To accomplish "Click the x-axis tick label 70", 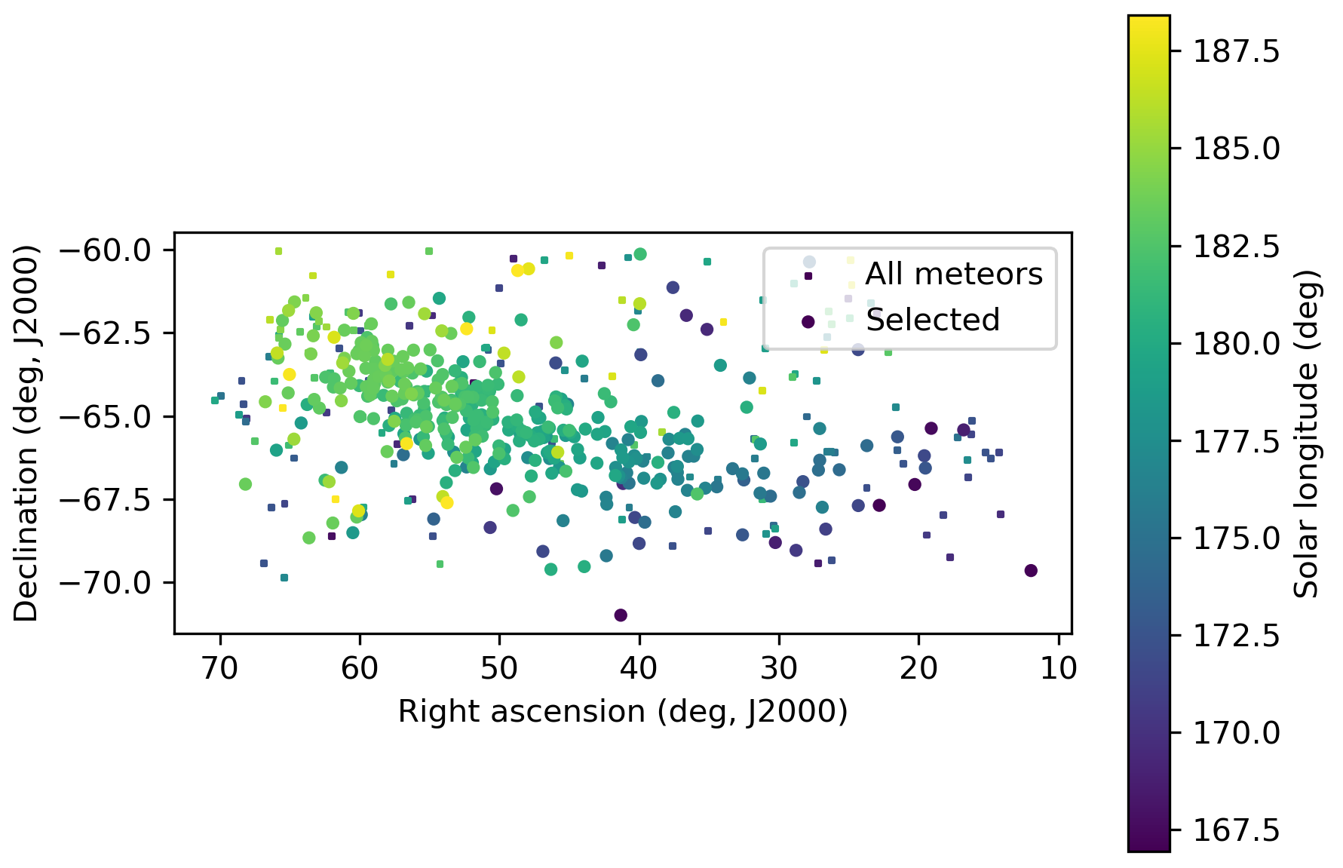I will point(220,668).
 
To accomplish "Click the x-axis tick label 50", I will point(499,668).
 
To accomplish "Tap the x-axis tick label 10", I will point(1059,668).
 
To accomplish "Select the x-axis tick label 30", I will point(779,668).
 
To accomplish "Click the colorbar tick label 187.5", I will point(1236,52).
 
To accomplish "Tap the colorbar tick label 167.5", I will point(1236,830).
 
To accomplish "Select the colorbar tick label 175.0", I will point(1236,538).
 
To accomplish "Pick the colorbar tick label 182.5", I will point(1236,247).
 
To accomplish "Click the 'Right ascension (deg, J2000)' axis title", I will point(623,711).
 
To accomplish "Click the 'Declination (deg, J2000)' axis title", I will point(26,433).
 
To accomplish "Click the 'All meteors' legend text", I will point(954,275).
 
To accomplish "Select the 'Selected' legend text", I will point(933,321).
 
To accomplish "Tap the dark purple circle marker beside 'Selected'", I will point(808,322).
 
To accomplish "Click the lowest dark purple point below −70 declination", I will point(621,615).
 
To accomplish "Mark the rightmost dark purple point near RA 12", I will point(1031,570).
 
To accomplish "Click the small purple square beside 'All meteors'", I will point(808,276).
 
